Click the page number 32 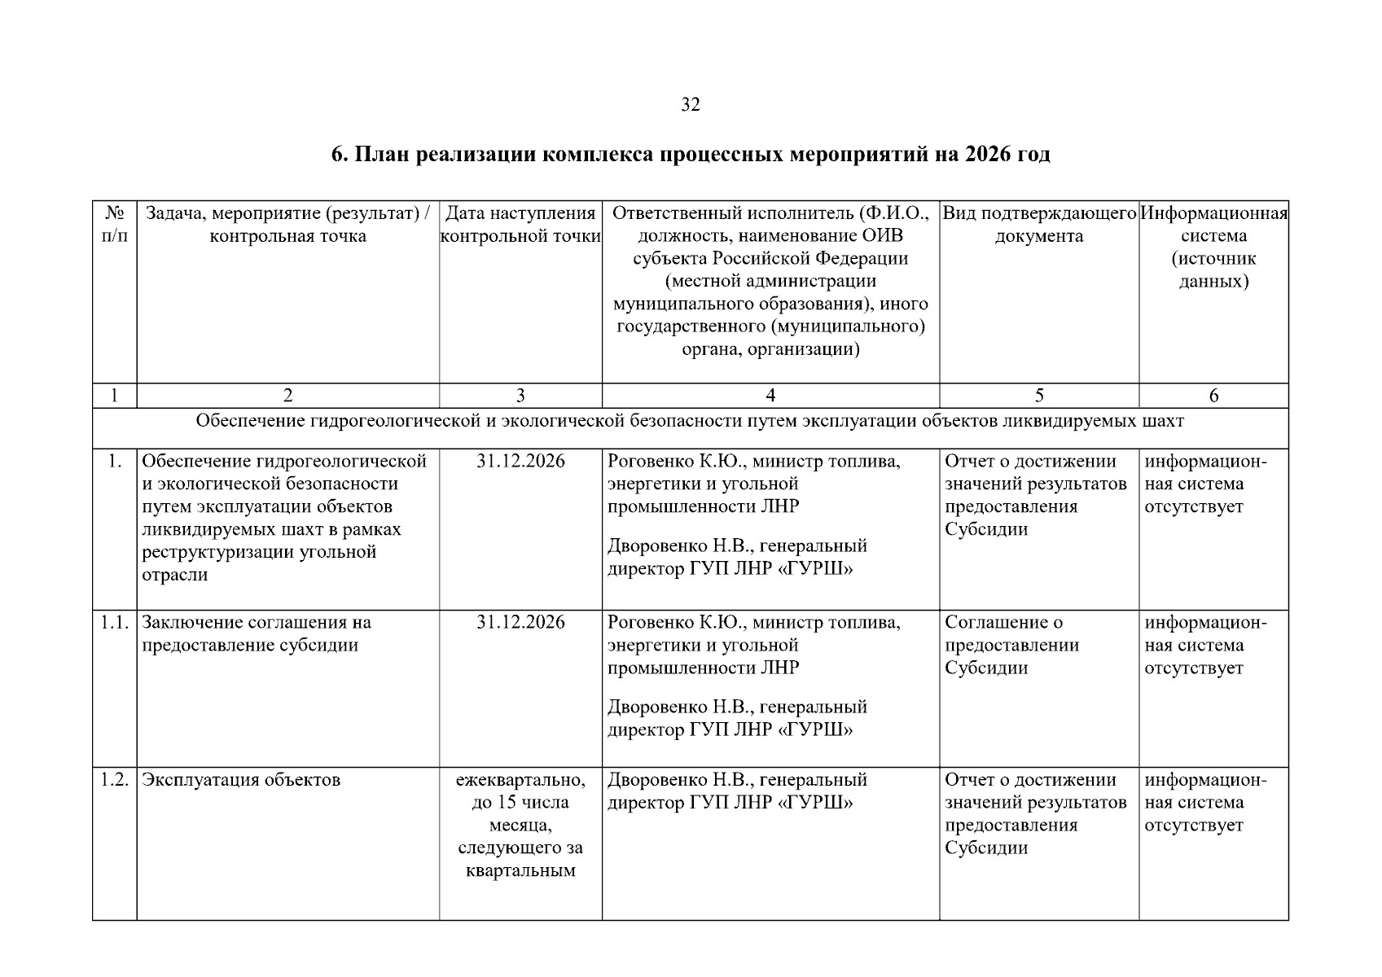click(x=690, y=104)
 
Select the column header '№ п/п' click(x=114, y=225)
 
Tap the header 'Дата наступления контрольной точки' click(x=520, y=225)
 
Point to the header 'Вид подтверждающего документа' click(x=1038, y=225)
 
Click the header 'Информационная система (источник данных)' click(x=1213, y=248)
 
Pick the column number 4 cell click(x=770, y=396)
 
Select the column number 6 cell click(x=1213, y=396)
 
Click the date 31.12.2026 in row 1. click(x=520, y=462)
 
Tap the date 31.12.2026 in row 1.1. click(x=520, y=623)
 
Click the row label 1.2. click(x=115, y=780)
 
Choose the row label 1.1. click(x=115, y=623)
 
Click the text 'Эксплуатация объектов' click(x=241, y=780)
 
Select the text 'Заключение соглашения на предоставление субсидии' click(x=256, y=634)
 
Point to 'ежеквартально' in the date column click(x=520, y=780)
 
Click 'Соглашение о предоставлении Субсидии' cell click(x=1011, y=646)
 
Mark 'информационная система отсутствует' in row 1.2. click(x=1205, y=803)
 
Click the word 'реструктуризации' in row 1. click(x=208, y=553)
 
